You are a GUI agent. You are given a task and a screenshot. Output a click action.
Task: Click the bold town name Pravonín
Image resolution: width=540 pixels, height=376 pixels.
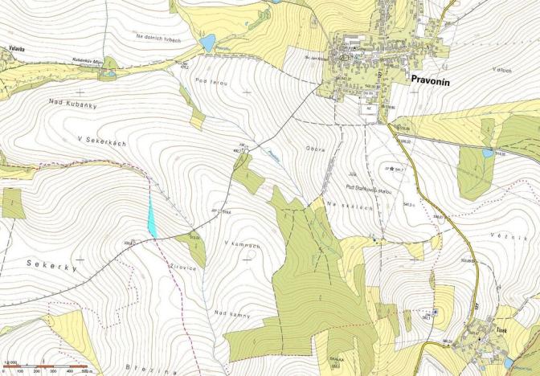(x=434, y=80)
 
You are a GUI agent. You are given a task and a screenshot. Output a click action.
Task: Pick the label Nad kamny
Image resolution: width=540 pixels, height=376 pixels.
(x=232, y=315)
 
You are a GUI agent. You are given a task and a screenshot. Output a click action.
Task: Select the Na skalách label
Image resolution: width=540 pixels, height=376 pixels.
(x=350, y=206)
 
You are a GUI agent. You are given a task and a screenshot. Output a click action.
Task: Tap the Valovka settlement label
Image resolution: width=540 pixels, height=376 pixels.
(x=16, y=49)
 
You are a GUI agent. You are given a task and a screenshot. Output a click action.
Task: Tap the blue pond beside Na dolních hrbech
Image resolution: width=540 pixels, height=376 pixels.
(x=208, y=43)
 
